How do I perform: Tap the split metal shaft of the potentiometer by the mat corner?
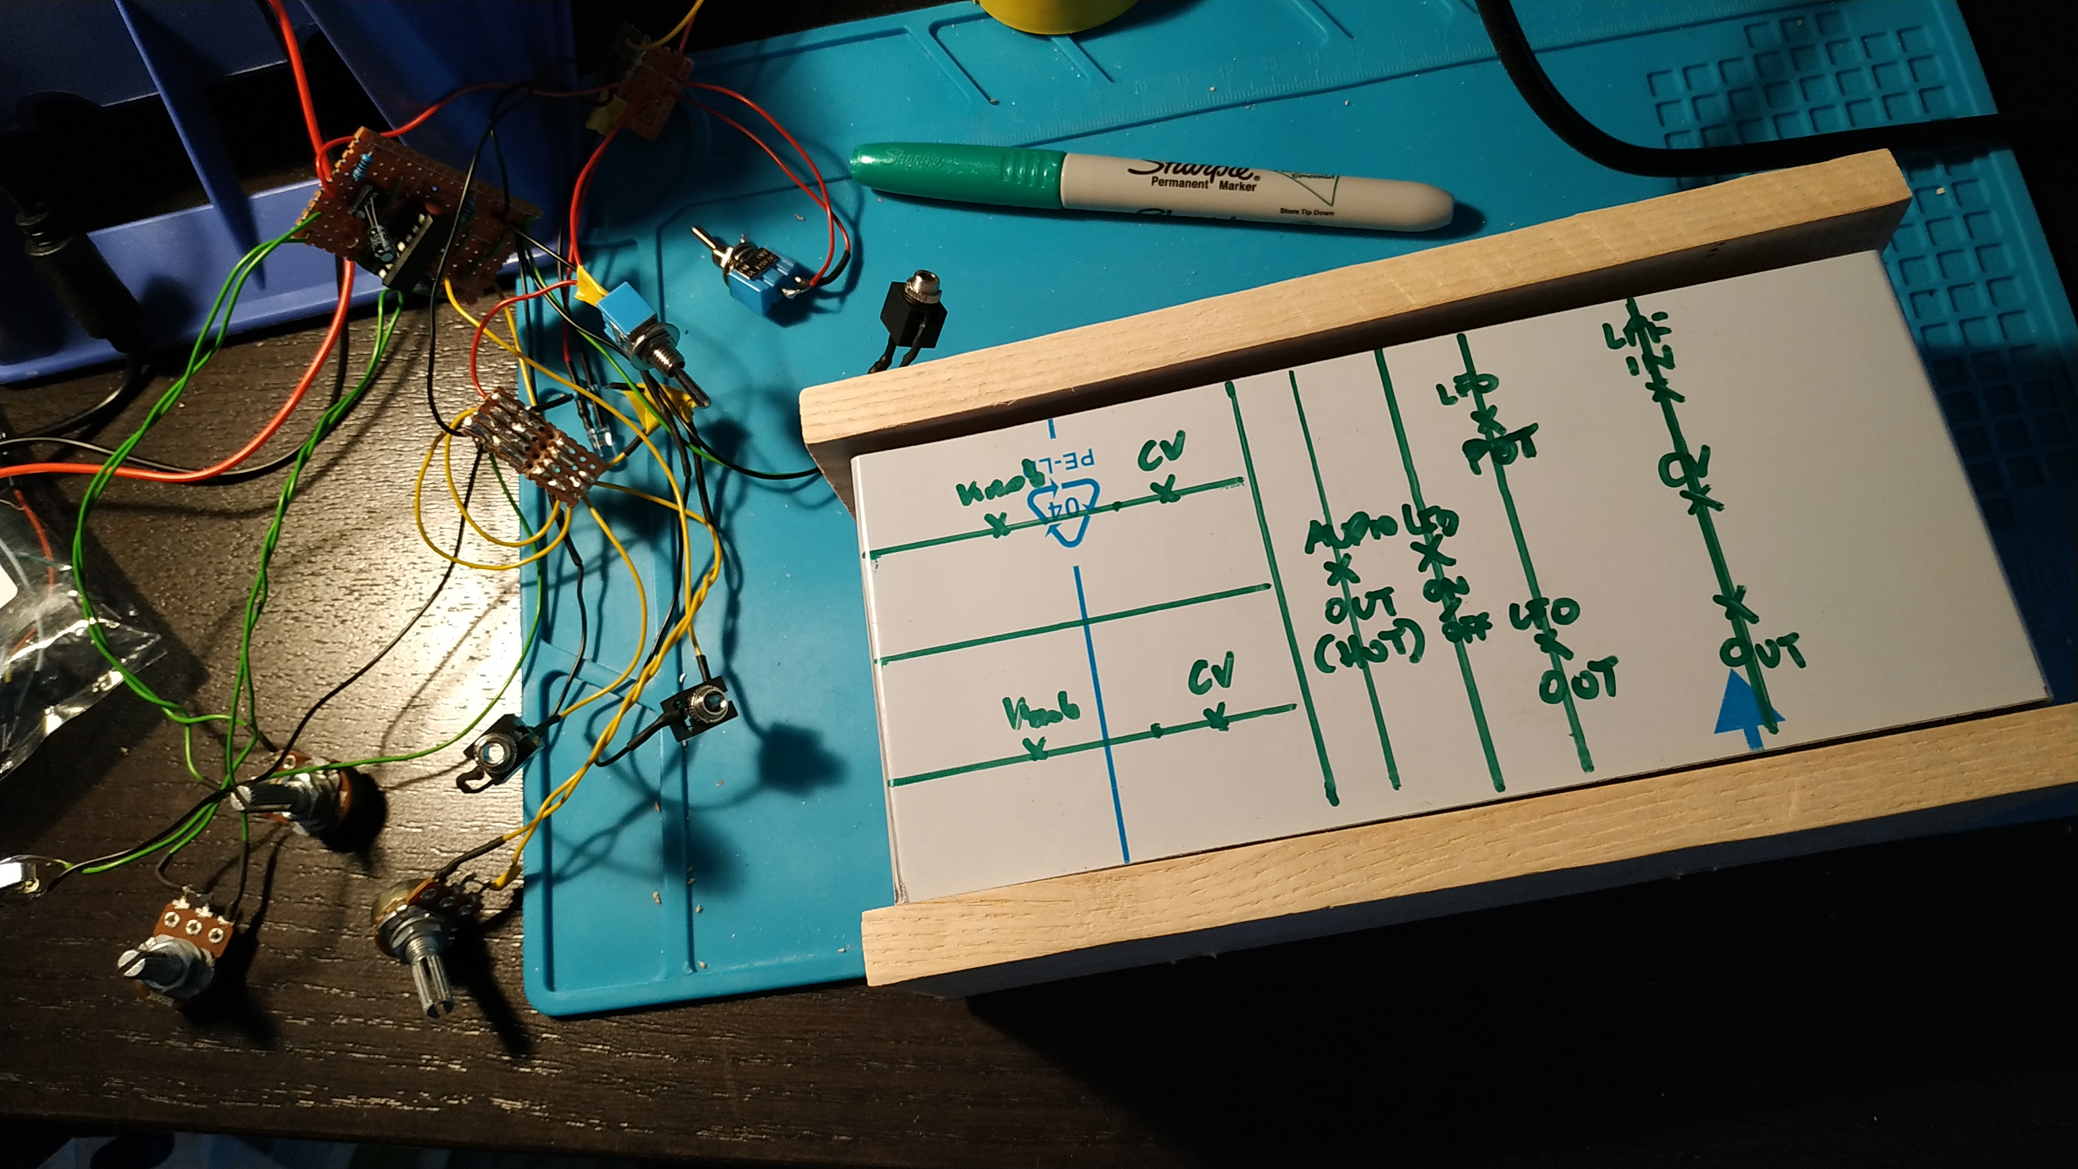click(x=432, y=980)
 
